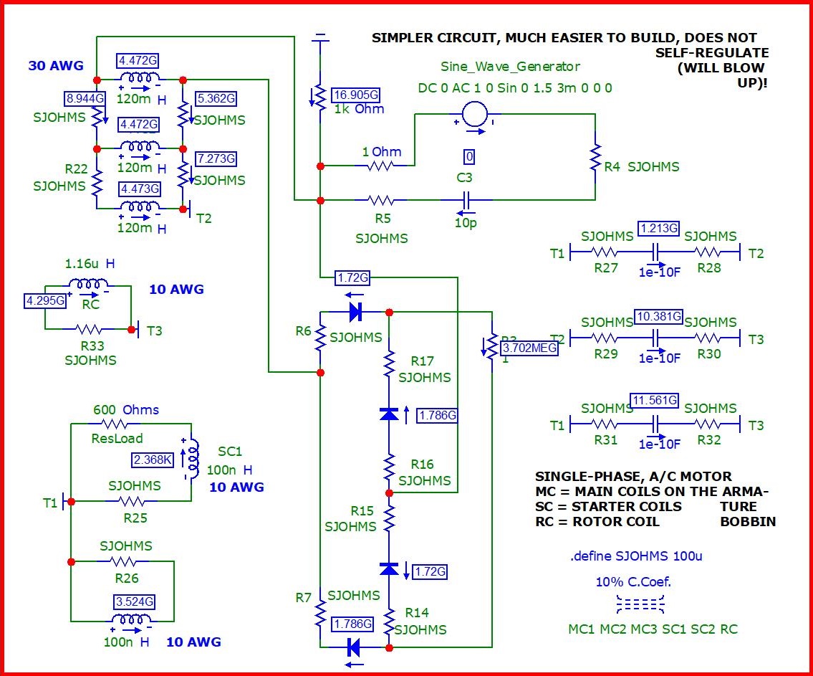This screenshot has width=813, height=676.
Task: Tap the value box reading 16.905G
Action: [x=355, y=95]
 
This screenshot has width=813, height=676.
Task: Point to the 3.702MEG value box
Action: [x=529, y=348]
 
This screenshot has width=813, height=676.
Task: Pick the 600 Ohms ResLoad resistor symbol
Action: [x=126, y=424]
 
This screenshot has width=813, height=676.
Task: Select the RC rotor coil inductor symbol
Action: [x=90, y=285]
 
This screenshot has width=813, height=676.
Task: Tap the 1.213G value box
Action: [x=658, y=229]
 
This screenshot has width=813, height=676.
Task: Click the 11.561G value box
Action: [x=653, y=401]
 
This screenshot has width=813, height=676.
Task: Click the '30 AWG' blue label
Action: [x=52, y=66]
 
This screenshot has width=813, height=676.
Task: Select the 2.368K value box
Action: [x=152, y=460]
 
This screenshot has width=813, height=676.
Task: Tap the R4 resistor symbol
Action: [x=595, y=158]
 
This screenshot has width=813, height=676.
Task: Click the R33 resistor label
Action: [x=90, y=343]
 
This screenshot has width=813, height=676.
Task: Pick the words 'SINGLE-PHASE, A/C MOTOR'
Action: [x=633, y=477]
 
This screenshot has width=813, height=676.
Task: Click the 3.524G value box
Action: [x=134, y=601]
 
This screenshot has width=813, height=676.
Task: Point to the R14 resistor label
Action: [x=416, y=613]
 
